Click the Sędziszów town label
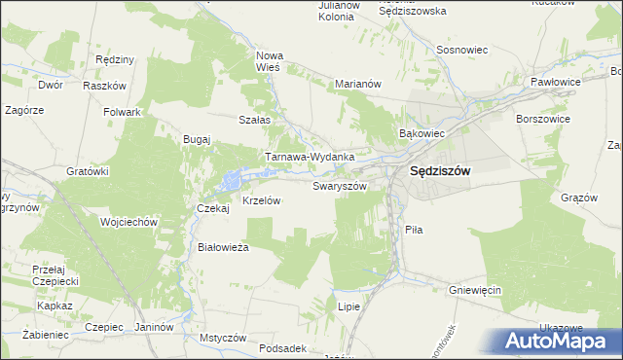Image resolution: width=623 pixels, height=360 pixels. tap(434, 171)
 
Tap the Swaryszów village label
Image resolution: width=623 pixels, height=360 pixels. tap(340, 185)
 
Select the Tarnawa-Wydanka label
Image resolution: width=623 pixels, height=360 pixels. tap(310, 157)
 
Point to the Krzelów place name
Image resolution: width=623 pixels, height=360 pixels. tap(261, 200)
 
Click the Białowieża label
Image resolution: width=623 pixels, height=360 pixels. tap(224, 247)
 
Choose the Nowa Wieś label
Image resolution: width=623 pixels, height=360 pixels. tap(268, 61)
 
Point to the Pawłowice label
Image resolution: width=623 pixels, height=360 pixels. tap(556, 83)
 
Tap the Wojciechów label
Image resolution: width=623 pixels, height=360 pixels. tap(128, 222)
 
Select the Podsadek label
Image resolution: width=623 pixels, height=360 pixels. tap(285, 348)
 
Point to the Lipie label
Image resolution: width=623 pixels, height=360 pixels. tap(348, 306)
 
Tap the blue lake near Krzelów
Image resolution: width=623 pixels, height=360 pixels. tap(232, 180)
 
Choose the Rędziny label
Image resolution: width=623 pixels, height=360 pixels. tap(115, 59)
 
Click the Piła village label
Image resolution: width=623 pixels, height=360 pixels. tap(413, 230)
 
